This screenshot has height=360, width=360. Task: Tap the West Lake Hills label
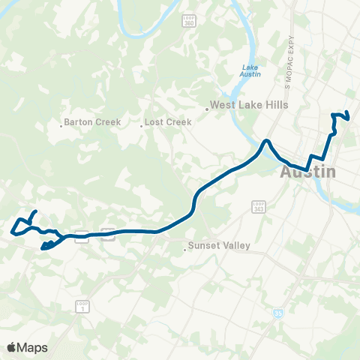pyautogui.click(x=249, y=105)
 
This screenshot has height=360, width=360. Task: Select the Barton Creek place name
pyautogui.click(x=92, y=121)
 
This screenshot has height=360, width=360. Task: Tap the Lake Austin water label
pyautogui.click(x=250, y=70)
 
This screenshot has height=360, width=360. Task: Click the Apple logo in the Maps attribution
pyautogui.click(x=13, y=347)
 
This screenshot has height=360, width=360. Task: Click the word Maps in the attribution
pyautogui.click(x=34, y=347)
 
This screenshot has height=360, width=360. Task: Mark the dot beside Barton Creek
pyautogui.click(x=60, y=125)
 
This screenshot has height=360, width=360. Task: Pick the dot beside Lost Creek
pyautogui.click(x=140, y=125)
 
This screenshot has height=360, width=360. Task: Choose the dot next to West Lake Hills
pyautogui.click(x=206, y=109)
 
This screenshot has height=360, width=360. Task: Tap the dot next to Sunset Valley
pyautogui.click(x=184, y=249)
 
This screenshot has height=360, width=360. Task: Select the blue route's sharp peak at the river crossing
pyautogui.click(x=265, y=141)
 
